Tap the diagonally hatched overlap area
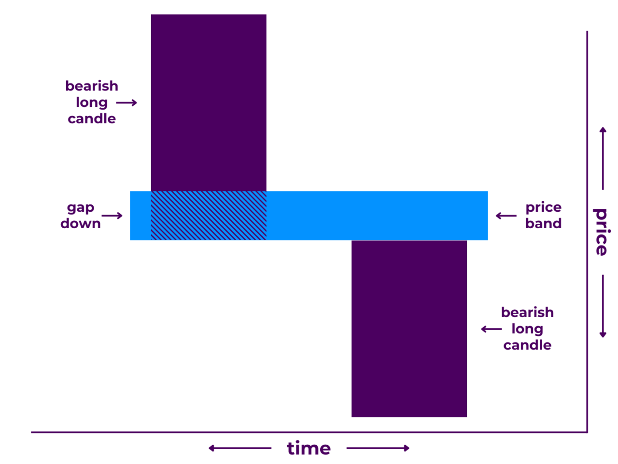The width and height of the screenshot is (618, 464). coord(209,216)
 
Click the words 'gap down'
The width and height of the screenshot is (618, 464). coord(81,216)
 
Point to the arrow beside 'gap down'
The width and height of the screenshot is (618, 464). coord(112,216)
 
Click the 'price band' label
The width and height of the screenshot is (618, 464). coord(543,216)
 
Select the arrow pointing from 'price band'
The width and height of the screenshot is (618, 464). coord(506,216)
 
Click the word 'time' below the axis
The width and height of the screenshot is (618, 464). coord(309,449)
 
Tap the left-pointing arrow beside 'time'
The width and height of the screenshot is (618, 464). coord(239,449)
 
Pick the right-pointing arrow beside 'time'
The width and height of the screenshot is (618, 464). coord(378,449)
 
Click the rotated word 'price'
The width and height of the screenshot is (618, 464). coord(602,232)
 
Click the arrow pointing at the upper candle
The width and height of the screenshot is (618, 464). coord(127,102)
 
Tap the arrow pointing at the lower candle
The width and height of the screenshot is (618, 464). coord(492,329)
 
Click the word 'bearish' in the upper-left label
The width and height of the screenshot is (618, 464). coord(92,86)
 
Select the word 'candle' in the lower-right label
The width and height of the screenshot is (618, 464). coord(527,345)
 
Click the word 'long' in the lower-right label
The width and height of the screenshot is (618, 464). coord(527,329)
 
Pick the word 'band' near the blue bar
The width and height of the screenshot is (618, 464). coord(543,223)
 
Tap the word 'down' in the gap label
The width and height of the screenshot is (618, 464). coord(81,223)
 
